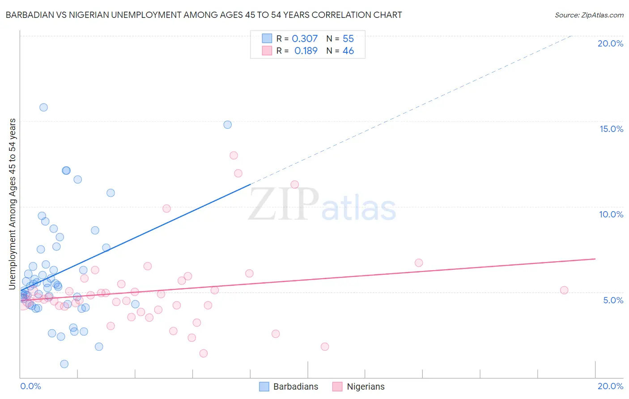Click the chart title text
(204, 15)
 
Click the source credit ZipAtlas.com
(589, 15)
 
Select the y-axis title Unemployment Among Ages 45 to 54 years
(12, 204)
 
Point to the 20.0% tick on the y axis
(610, 43)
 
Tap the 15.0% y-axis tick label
(611, 129)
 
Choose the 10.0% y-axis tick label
(611, 214)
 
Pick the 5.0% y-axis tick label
(613, 300)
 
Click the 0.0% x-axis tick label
(30, 386)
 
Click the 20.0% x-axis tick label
(610, 386)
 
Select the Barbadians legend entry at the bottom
(289, 386)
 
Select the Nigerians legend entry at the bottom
(359, 386)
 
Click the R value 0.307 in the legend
(305, 39)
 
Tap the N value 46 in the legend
(348, 51)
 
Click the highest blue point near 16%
(43, 107)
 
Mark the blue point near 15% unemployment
(228, 125)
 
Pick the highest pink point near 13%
(234, 156)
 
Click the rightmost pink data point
(564, 290)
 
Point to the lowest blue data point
(64, 364)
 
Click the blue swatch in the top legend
(267, 39)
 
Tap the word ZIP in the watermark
(284, 204)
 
